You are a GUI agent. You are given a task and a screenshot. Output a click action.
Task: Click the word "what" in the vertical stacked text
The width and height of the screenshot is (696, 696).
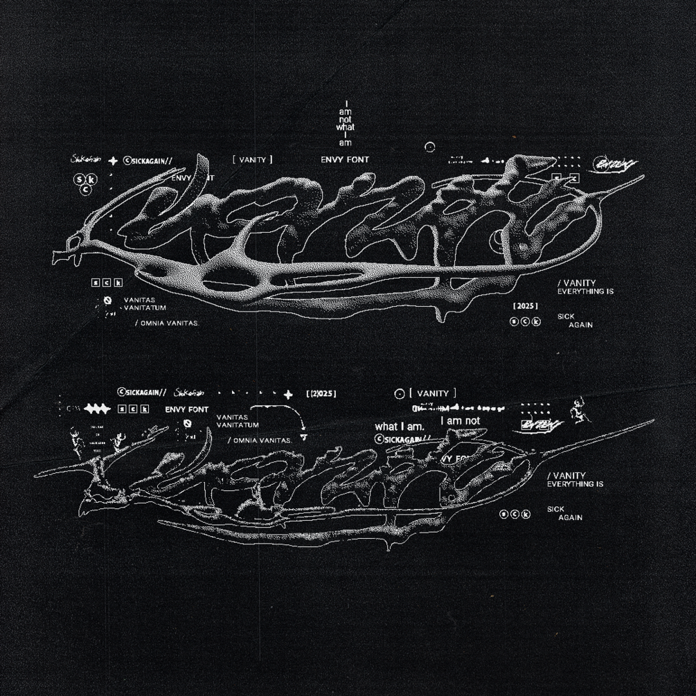(x=345, y=127)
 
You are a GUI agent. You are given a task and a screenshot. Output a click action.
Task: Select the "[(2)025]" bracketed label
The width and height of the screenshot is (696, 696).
(x=321, y=394)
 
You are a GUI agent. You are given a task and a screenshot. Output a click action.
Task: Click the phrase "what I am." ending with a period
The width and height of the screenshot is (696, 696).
(x=399, y=427)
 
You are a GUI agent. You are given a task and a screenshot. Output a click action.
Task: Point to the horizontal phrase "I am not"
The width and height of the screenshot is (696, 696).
(x=460, y=420)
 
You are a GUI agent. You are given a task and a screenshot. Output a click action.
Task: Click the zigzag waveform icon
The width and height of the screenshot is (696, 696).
(x=98, y=409)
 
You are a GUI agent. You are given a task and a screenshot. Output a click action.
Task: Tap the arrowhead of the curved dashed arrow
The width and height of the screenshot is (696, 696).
(x=303, y=437)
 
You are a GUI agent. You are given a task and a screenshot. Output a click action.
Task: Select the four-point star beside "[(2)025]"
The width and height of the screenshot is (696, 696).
(x=289, y=394)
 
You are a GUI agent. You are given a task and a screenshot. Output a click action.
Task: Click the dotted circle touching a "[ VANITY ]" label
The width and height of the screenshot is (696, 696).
(x=399, y=394)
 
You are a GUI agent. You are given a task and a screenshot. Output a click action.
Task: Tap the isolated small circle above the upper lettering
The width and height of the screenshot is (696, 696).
(x=429, y=147)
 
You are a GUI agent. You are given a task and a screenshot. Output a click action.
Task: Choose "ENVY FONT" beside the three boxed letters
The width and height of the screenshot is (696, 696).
(x=186, y=409)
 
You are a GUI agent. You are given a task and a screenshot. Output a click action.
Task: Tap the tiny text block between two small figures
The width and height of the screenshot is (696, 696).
(x=96, y=439)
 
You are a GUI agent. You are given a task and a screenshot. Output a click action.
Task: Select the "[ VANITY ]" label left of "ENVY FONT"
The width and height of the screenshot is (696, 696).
(x=253, y=160)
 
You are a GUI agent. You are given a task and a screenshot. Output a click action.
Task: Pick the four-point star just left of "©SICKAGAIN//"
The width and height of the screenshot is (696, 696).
(x=113, y=161)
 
